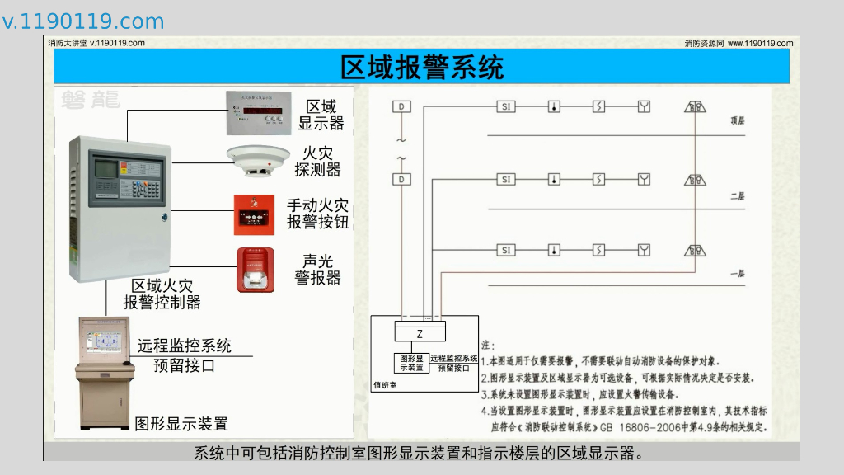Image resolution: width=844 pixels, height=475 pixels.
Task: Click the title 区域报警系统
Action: (421, 66)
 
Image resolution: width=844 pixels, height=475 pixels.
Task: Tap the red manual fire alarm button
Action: (254, 214)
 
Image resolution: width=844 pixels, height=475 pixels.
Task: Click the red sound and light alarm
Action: (255, 269)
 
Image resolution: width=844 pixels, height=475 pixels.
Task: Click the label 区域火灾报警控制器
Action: (162, 294)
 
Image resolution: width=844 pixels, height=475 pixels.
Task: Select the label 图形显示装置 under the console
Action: (181, 424)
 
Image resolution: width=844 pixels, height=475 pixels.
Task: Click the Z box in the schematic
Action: (420, 334)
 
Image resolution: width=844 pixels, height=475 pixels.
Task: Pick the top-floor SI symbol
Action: (506, 107)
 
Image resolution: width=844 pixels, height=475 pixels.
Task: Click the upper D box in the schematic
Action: (401, 107)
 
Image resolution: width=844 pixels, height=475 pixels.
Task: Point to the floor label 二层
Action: (737, 196)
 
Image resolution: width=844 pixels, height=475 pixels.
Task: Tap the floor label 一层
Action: (737, 273)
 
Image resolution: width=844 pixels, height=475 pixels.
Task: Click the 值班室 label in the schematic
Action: (385, 385)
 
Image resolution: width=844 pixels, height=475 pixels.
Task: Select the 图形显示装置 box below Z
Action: (411, 363)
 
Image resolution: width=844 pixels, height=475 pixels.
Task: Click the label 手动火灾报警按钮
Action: (317, 214)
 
